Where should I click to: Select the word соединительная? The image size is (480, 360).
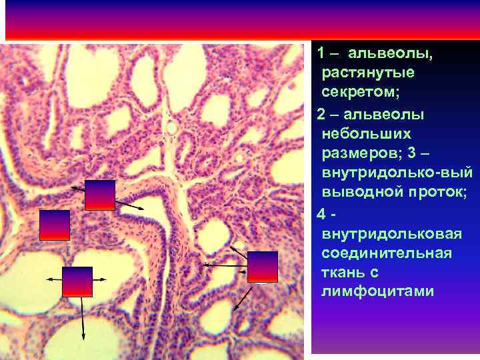click(386, 253)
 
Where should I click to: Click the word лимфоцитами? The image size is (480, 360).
click(377, 292)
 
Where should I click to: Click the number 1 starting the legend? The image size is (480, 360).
click(321, 52)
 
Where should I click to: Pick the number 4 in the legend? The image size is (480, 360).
click(322, 215)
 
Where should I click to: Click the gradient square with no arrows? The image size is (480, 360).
click(55, 225)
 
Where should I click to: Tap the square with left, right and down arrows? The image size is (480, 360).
click(77, 281)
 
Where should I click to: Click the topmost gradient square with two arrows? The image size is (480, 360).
click(100, 195)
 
